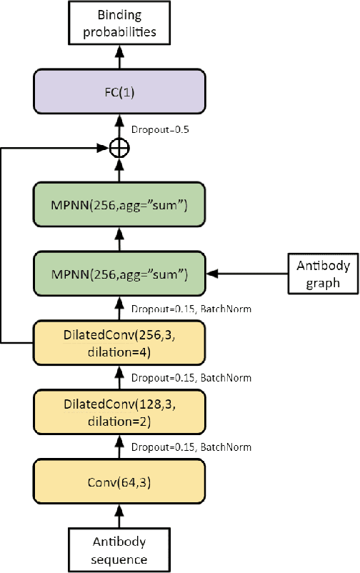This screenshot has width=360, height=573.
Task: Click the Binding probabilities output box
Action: click(x=119, y=23)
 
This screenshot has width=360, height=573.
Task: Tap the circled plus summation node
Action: click(x=119, y=149)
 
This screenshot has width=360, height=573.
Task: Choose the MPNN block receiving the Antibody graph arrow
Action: click(x=119, y=273)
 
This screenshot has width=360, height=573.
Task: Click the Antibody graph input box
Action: click(x=322, y=273)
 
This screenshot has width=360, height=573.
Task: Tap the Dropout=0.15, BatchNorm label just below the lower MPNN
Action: click(x=191, y=309)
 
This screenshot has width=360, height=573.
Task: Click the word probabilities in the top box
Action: click(x=119, y=32)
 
